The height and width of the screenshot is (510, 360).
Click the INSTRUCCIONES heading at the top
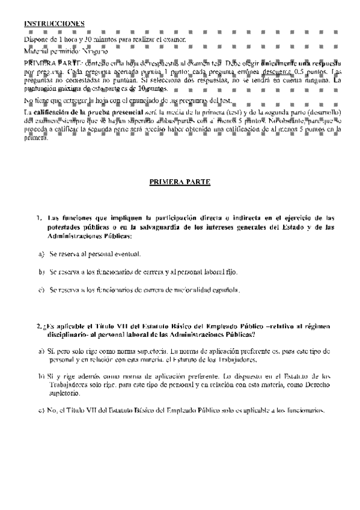[x=54, y=23]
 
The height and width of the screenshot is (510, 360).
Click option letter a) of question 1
[x=41, y=255]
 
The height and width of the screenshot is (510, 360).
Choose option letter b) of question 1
[x=41, y=272]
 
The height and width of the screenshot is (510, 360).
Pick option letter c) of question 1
[x=41, y=290]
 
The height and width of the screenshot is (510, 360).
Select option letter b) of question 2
[x=40, y=376]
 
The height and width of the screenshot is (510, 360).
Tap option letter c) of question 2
[x=40, y=411]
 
